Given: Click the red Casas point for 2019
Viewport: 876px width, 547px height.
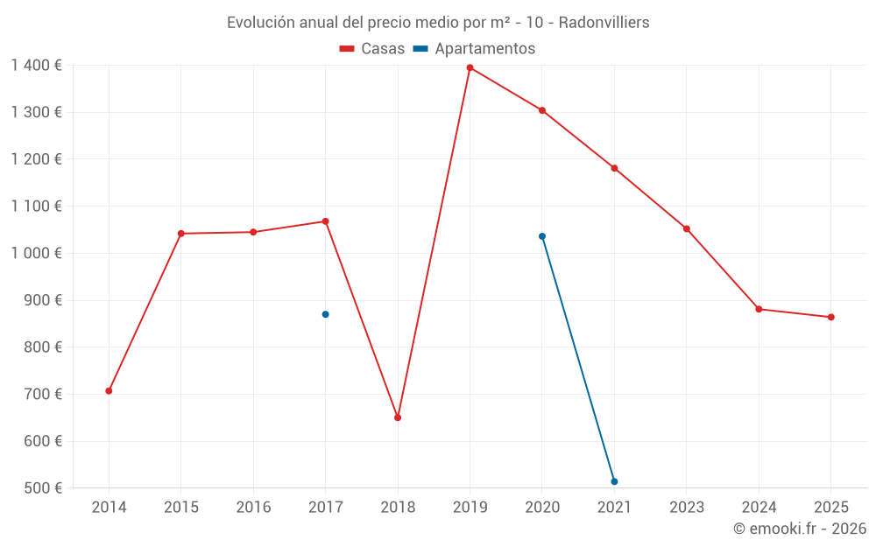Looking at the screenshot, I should (x=470, y=67).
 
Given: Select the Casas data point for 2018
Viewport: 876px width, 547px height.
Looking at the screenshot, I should (x=398, y=417).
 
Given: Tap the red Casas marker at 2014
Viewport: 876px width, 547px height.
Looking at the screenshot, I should (x=109, y=390).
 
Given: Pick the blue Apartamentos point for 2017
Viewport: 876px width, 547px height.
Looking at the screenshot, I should (x=325, y=314).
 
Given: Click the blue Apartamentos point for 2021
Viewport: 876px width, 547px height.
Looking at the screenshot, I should (x=614, y=481).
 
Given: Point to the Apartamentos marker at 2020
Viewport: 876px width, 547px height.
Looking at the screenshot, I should (x=542, y=236).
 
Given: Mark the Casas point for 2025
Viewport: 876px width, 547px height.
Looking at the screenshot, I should (x=830, y=317).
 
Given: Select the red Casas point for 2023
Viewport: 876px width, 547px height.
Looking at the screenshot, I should (x=687, y=229).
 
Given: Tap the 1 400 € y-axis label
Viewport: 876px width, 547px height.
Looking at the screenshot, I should (x=36, y=65).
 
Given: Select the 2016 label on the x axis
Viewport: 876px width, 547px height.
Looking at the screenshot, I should (x=253, y=508).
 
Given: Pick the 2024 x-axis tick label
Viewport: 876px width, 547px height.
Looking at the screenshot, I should (x=759, y=508).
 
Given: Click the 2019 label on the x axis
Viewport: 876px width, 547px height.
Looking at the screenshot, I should (x=470, y=508).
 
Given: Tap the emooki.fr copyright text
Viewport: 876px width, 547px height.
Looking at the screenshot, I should (x=800, y=529).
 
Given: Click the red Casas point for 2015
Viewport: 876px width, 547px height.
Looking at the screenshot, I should (x=181, y=234).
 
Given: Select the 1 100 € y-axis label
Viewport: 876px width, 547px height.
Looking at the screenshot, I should (x=36, y=206).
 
